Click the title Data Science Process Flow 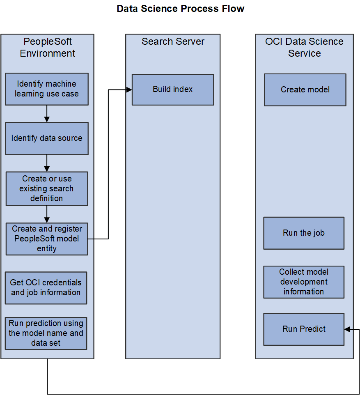point(180,9)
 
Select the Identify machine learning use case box point(46,89)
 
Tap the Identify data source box point(46,138)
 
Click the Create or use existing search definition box point(46,188)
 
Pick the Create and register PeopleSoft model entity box point(46,239)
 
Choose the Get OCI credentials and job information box point(46,287)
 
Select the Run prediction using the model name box point(46,333)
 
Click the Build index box point(172,90)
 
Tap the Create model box point(305,90)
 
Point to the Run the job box point(303,233)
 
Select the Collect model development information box point(303,282)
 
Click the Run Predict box point(303,329)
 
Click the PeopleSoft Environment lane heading point(47,47)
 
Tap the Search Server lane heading point(172,41)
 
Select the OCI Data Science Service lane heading point(304,47)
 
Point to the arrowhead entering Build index point(129,90)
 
